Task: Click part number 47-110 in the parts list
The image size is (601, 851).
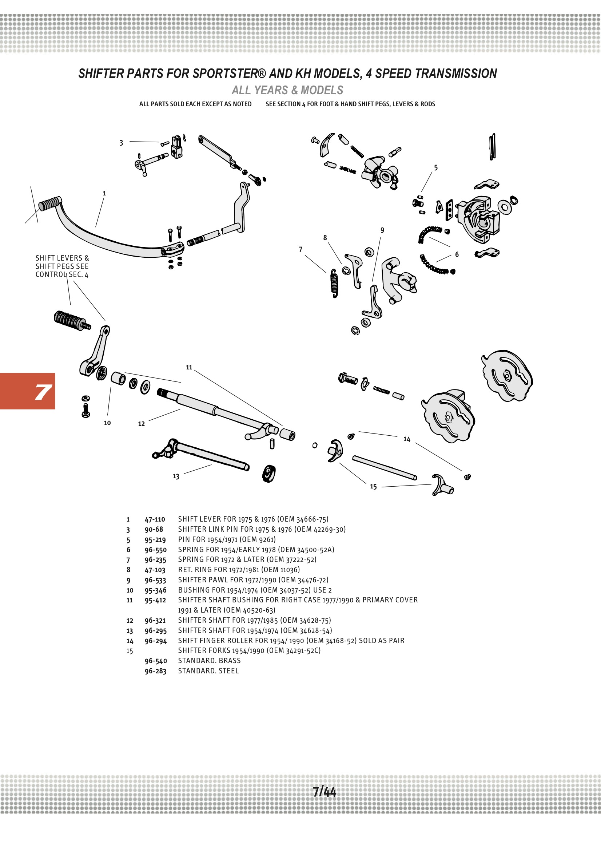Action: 155,519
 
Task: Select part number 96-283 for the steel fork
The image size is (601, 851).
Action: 155,671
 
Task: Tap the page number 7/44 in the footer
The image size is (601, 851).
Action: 324,791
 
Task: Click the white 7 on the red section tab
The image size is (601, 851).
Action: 43,392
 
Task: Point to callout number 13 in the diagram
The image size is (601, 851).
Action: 176,476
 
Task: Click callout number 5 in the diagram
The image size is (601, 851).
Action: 436,168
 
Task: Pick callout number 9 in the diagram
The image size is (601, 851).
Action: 382,230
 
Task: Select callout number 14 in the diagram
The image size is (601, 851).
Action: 407,439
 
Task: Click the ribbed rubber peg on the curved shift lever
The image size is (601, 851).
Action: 49,203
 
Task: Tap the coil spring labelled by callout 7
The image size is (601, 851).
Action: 334,283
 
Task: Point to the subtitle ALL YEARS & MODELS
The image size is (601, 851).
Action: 287,90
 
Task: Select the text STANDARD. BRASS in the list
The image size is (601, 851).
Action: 209,661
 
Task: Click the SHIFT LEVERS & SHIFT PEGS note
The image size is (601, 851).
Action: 62,266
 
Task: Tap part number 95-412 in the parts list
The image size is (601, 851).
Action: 155,600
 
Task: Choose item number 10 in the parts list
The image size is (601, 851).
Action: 130,590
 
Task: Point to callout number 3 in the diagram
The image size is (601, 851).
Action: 121,143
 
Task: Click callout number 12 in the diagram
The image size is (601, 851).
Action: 141,424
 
